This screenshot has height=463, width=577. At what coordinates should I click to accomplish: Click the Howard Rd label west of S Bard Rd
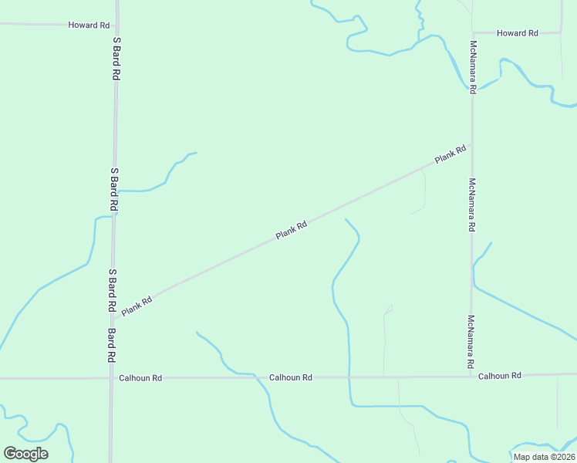click(89, 25)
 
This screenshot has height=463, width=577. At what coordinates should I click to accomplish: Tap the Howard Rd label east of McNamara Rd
click(517, 33)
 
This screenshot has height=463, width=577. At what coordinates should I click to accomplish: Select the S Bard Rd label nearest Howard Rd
click(117, 59)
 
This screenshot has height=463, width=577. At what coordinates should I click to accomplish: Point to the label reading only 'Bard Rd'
click(112, 346)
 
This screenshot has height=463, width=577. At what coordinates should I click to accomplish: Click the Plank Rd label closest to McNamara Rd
click(450, 154)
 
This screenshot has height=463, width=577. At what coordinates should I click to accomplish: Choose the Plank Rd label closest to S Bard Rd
click(137, 306)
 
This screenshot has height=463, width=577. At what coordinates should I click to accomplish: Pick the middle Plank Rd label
click(292, 230)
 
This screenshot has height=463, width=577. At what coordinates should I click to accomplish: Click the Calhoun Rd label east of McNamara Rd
click(500, 376)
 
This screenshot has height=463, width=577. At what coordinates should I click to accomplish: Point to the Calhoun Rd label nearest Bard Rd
click(140, 378)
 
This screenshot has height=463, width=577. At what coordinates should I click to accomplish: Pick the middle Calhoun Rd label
click(291, 377)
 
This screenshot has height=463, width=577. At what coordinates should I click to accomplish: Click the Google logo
click(25, 454)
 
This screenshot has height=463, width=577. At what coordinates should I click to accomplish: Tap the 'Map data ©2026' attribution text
click(544, 457)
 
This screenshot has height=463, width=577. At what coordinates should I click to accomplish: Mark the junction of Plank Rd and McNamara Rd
click(472, 144)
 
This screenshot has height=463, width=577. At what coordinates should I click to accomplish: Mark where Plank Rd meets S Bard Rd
click(113, 316)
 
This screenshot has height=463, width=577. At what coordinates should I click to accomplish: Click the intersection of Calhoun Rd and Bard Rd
click(111, 378)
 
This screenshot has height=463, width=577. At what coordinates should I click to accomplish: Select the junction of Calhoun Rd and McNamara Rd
click(471, 377)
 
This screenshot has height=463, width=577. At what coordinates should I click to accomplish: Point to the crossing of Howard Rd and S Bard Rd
click(116, 25)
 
